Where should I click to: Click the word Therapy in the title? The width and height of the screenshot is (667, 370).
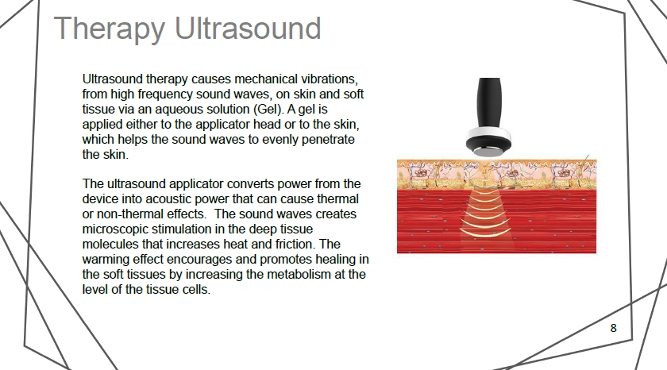click(110, 29)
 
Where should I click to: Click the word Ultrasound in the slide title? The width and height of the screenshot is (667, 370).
click(248, 28)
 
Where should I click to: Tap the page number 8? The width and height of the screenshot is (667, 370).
click(613, 328)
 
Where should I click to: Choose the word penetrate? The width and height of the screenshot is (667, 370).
click(328, 140)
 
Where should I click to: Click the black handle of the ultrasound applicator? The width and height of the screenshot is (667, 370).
click(490, 103)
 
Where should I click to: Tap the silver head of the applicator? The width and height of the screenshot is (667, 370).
click(488, 152)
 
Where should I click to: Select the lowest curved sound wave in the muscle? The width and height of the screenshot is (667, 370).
click(485, 232)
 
